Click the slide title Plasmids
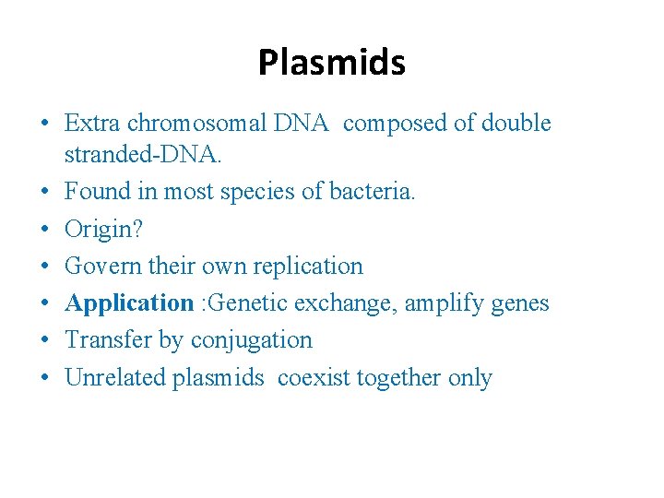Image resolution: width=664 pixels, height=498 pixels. click(x=332, y=63)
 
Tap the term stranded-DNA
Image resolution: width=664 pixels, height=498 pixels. click(x=143, y=155)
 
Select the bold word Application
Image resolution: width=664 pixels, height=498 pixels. click(x=129, y=303)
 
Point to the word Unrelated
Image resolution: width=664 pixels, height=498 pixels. click(x=115, y=377)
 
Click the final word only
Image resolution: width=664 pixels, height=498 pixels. click(x=470, y=377)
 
